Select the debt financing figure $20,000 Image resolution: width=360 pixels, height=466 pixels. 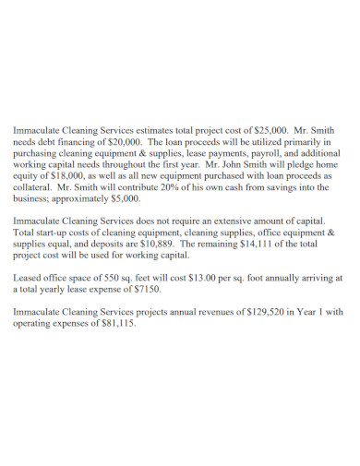(120, 144)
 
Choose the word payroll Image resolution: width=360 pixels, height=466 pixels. (255, 156)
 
